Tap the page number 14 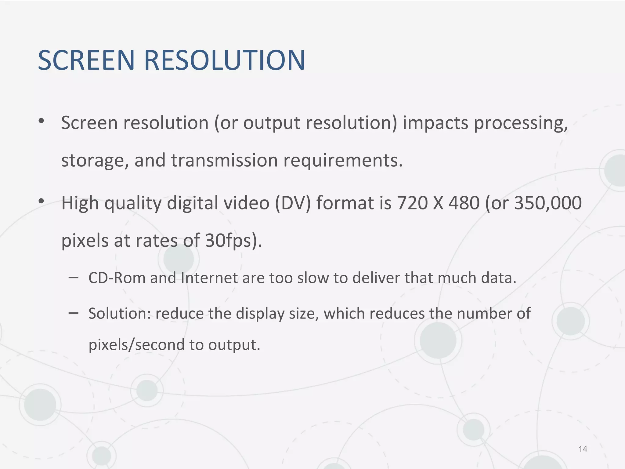(583, 449)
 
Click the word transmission (224, 160)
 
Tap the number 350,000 (548, 204)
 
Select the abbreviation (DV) (293, 204)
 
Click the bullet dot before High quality (41, 202)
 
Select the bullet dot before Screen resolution (41, 121)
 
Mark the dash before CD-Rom (73, 278)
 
